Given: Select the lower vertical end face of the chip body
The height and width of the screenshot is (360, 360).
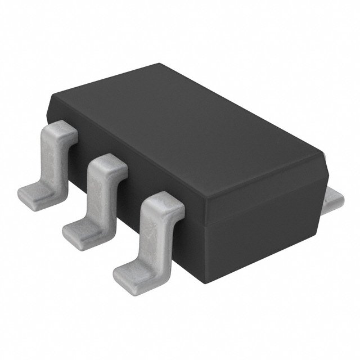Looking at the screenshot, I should [264, 231].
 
